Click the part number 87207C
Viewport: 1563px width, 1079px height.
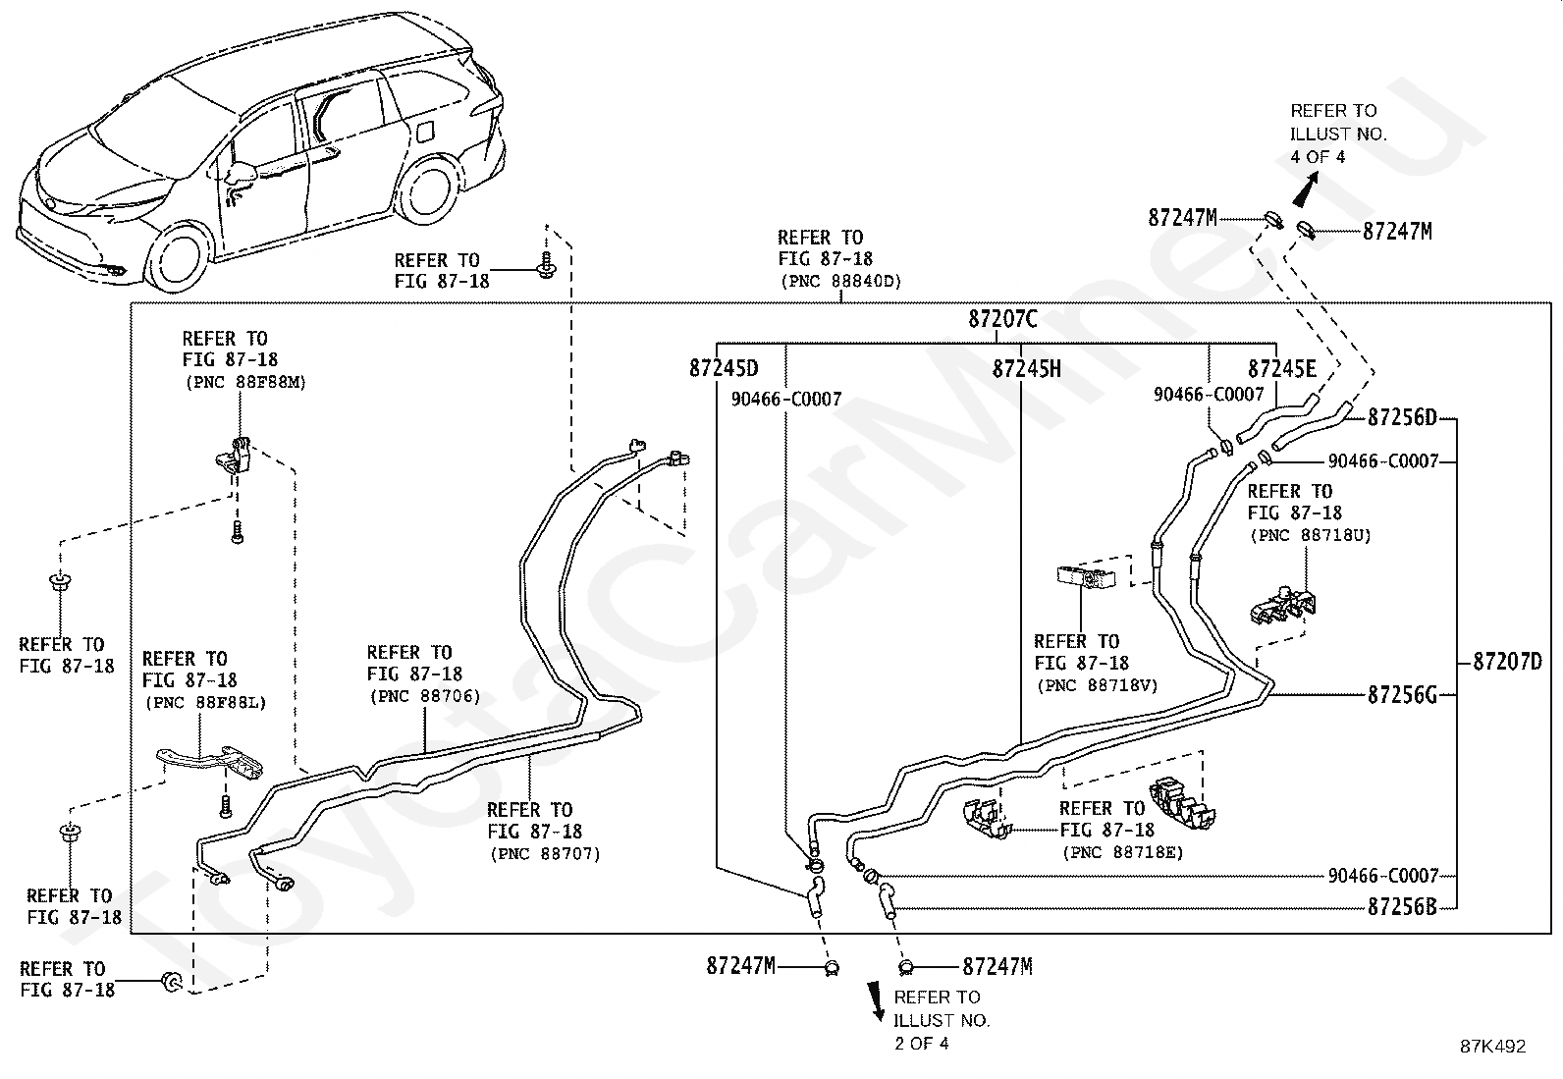1002,319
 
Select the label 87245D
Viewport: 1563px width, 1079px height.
724,368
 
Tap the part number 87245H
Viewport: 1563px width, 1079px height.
1026,368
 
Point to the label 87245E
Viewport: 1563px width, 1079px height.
1282,368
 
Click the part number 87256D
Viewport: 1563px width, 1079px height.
1402,417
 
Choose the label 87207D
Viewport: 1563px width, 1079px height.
1507,661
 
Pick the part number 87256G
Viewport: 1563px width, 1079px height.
1402,695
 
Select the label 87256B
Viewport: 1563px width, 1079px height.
1402,906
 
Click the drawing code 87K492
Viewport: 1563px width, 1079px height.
1492,1047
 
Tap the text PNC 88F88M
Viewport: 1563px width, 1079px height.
245,383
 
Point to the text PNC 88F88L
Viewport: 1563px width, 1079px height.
206,703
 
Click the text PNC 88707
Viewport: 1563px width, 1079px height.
545,853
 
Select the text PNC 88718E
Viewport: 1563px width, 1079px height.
1123,852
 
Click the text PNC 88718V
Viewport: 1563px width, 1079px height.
1098,685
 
